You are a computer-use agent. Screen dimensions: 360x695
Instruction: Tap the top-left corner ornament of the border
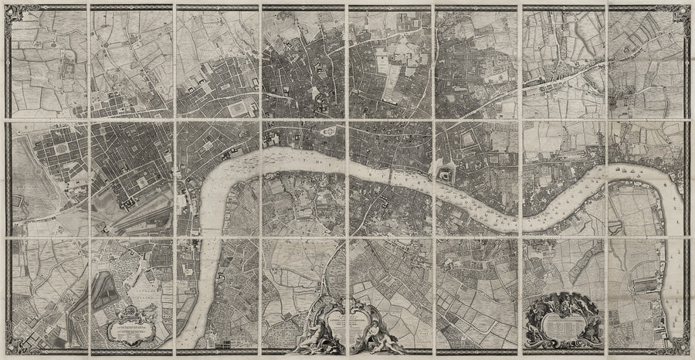7,7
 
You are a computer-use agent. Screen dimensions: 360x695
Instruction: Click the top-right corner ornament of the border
688,7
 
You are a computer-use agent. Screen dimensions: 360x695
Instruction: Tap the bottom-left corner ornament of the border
7,353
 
